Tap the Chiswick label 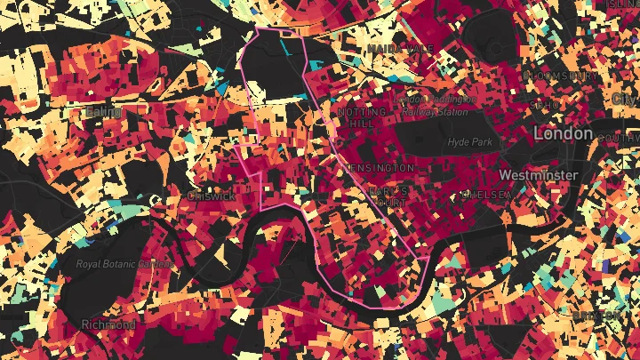[211, 196]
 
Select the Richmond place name [108, 324]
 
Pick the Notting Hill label [362, 118]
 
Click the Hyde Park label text [471, 141]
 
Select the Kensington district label [382, 167]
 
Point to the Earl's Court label [389, 196]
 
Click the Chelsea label [481, 195]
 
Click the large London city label [563, 133]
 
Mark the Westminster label [539, 175]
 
